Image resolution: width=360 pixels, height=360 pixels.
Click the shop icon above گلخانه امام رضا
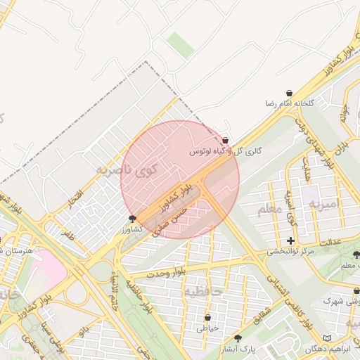pos(289,94)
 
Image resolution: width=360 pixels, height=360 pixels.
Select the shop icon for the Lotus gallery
pos(225,141)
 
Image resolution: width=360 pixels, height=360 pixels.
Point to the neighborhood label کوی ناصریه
pos(134,169)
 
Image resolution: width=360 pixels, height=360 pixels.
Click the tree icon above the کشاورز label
pos(132,219)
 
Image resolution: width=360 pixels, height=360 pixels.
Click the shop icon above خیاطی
pos(207,318)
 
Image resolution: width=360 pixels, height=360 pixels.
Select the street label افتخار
pos(76,198)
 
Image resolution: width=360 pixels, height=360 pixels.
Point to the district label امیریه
pos(328,203)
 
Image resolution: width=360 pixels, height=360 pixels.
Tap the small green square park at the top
pos(181,44)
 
